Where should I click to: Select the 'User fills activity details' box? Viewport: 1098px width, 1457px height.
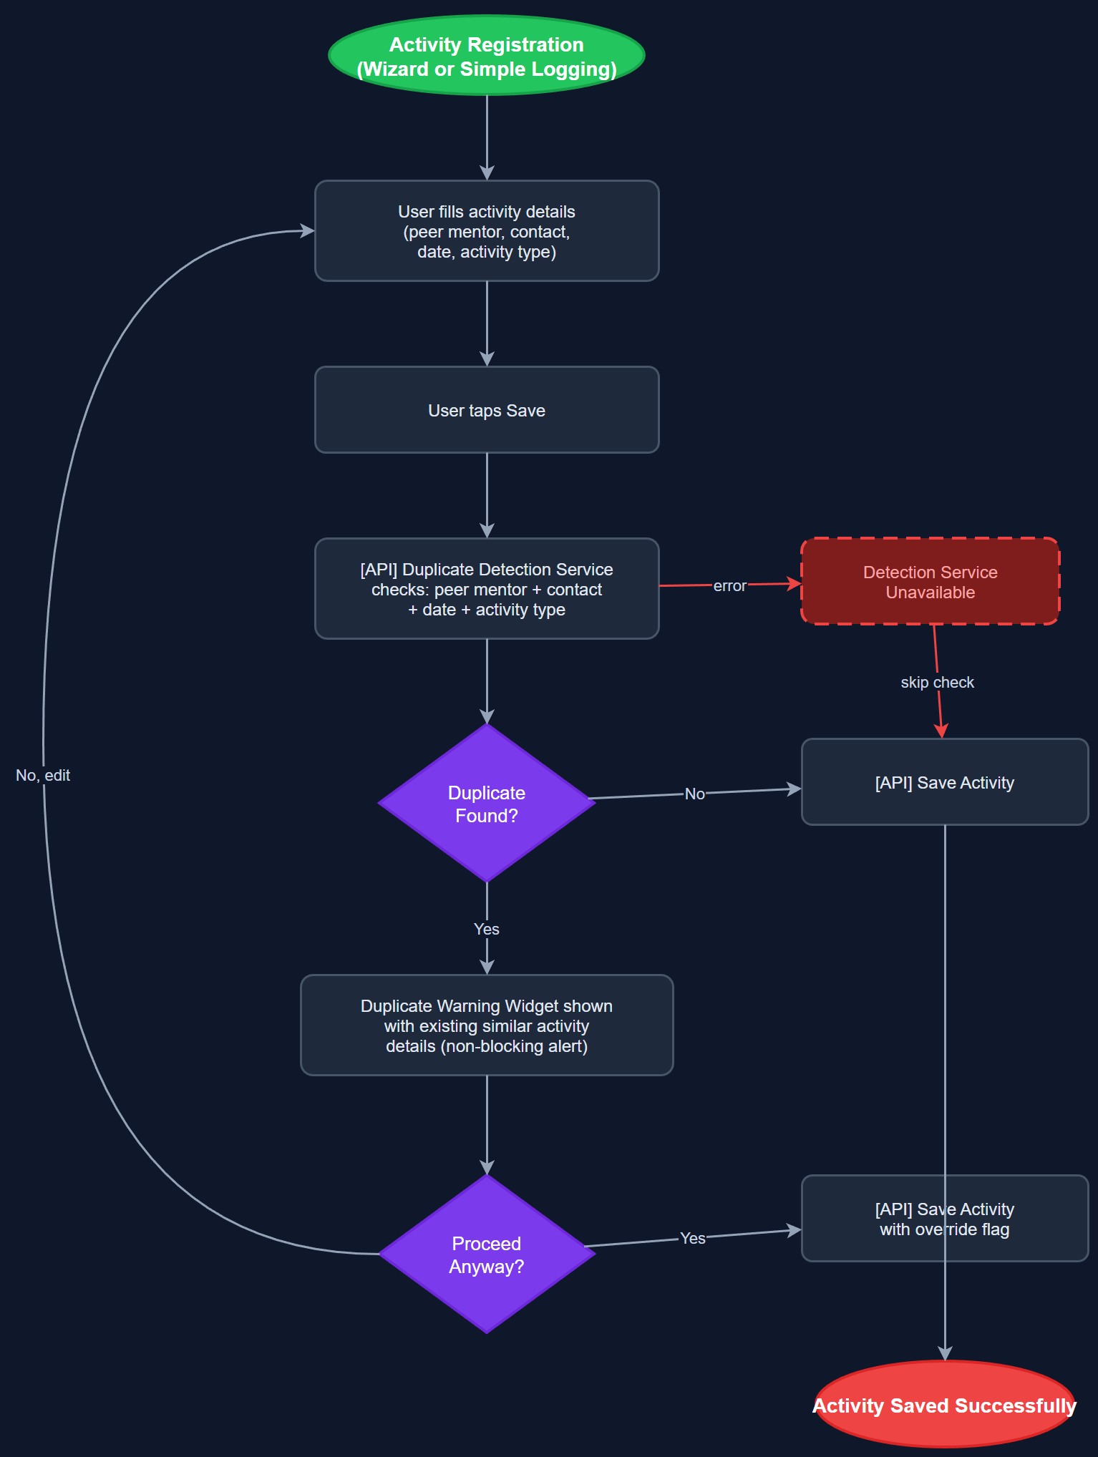(487, 230)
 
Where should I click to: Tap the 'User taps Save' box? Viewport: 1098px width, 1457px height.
(487, 410)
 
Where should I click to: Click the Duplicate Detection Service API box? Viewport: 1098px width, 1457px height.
(487, 589)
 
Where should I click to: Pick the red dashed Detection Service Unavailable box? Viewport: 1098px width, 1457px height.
(930, 582)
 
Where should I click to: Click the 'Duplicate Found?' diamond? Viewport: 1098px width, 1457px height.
(487, 804)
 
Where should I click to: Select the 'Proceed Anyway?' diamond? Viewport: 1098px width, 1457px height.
(487, 1254)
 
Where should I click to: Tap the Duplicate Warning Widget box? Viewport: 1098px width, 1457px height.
(487, 1025)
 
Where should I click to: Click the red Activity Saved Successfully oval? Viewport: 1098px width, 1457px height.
(944, 1405)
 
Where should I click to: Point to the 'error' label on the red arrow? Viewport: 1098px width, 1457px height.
(729, 586)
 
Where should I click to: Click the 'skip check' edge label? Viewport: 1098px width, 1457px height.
(937, 683)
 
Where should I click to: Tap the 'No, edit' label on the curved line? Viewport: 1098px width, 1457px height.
(43, 776)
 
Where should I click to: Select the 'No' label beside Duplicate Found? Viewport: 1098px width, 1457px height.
(694, 794)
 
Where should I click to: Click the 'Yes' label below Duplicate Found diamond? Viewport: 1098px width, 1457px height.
(487, 929)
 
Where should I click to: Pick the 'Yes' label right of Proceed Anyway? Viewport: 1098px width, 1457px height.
(692, 1239)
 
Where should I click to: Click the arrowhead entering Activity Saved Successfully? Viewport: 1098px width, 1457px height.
(945, 1353)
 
